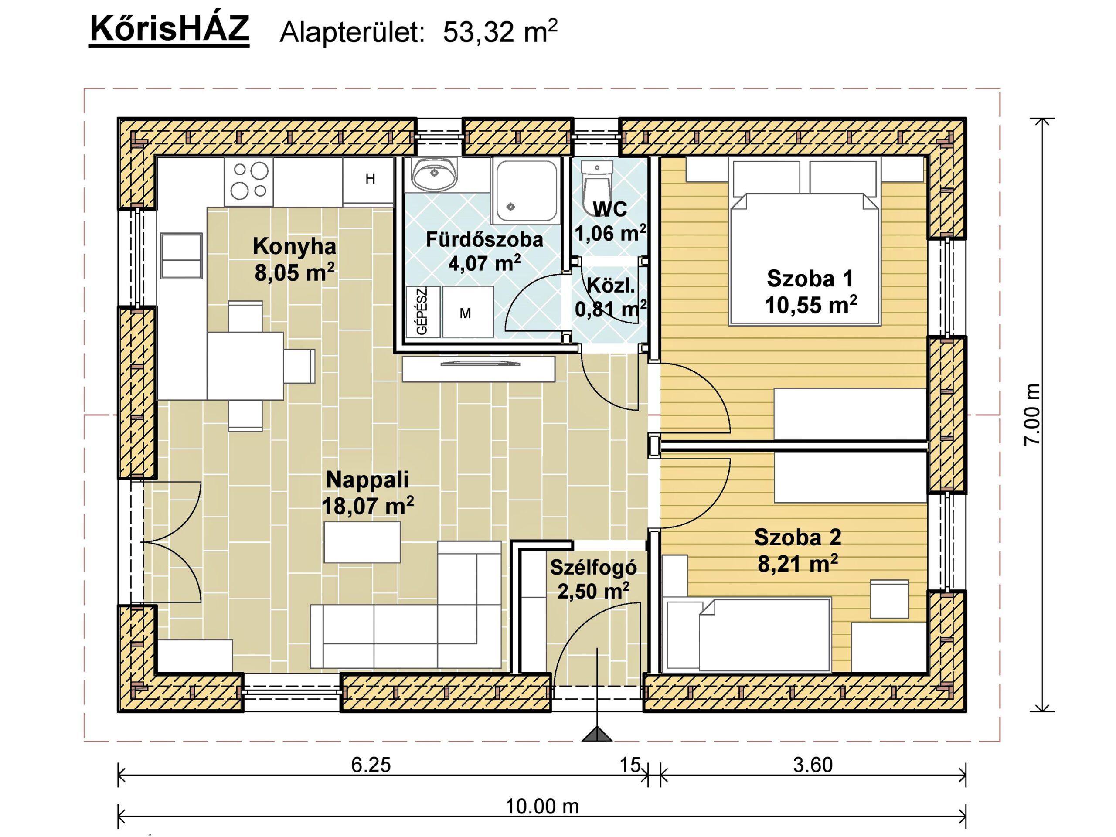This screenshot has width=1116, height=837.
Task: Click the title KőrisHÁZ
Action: (169, 29)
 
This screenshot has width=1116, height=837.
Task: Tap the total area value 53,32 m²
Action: (500, 32)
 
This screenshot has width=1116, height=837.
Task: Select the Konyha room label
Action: (294, 246)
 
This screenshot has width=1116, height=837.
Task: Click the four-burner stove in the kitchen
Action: (249, 181)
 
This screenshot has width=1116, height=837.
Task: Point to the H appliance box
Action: (369, 180)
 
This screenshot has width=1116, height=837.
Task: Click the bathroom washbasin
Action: (434, 173)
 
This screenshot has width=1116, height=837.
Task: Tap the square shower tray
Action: (527, 190)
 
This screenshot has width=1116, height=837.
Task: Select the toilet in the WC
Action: (596, 182)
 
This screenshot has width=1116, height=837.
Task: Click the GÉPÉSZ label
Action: (422, 311)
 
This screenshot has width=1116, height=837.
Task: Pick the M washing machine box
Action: (468, 312)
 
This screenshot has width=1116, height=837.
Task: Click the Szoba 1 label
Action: (810, 279)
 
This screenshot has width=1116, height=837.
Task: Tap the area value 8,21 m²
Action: (798, 564)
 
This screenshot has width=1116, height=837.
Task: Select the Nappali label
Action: (367, 479)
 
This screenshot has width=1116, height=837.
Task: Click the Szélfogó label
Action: (593, 568)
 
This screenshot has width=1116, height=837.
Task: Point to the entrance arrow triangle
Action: (597, 734)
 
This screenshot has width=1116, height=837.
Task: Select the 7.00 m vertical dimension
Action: (1032, 415)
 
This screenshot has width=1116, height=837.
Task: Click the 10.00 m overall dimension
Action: (542, 806)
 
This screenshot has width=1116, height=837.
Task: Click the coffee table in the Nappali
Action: (362, 542)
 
